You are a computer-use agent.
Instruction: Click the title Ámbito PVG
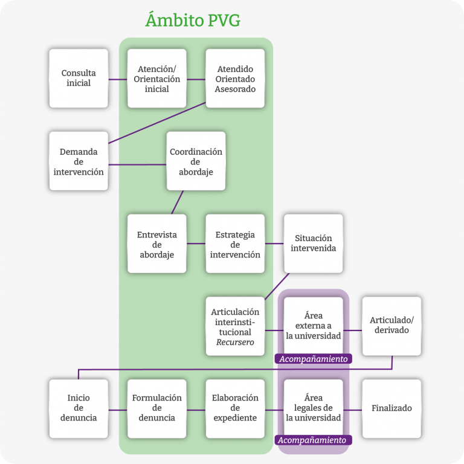pyautogui.click(x=193, y=20)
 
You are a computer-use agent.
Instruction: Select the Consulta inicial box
pyautogui.click(x=79, y=79)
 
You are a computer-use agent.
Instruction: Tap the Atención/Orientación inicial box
pyautogui.click(x=156, y=79)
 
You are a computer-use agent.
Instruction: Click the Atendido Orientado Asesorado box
pyautogui.click(x=235, y=79)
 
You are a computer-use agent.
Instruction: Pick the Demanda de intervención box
pyautogui.click(x=79, y=161)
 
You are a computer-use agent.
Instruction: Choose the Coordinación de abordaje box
pyautogui.click(x=196, y=161)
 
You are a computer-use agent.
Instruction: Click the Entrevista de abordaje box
pyautogui.click(x=156, y=244)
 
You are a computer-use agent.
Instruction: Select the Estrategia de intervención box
pyautogui.click(x=235, y=244)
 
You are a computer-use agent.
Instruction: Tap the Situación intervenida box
pyautogui.click(x=313, y=243)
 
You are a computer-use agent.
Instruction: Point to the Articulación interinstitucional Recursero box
pyautogui.click(x=235, y=326)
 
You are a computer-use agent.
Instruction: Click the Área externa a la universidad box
pyautogui.click(x=313, y=325)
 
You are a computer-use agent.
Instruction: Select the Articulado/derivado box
pyautogui.click(x=391, y=326)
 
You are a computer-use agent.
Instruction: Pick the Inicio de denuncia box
pyautogui.click(x=79, y=408)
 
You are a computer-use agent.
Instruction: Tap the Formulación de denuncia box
pyautogui.click(x=156, y=408)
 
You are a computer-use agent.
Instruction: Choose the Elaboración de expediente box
pyautogui.click(x=235, y=408)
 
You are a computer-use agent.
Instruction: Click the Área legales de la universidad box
pyautogui.click(x=313, y=408)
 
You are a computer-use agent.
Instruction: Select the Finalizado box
pyautogui.click(x=391, y=408)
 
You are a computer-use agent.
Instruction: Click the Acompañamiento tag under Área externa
pyautogui.click(x=314, y=359)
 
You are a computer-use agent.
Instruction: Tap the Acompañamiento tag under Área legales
pyautogui.click(x=313, y=440)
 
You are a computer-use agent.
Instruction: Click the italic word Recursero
pyautogui.click(x=235, y=343)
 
